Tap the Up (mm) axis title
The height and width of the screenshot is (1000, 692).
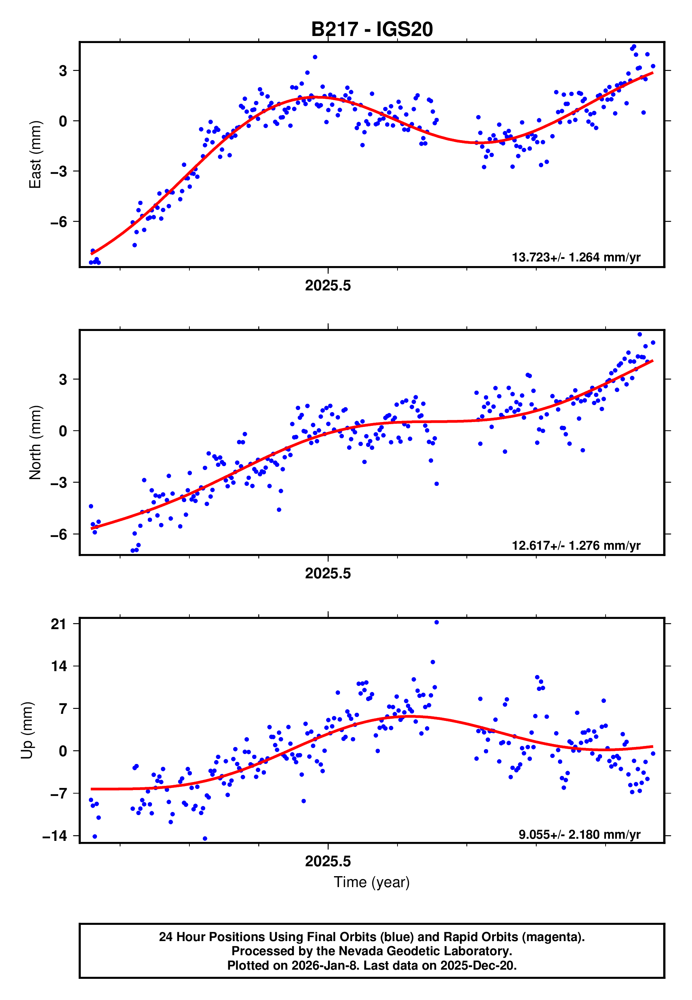(x=27, y=730)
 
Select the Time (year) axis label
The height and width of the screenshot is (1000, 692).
(x=372, y=882)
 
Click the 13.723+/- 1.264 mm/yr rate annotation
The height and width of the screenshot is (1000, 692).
(x=576, y=258)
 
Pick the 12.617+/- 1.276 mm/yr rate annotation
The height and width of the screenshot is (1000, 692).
(x=576, y=546)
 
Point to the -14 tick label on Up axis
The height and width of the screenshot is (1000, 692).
(x=55, y=836)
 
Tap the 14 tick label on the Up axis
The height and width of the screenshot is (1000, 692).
(x=59, y=666)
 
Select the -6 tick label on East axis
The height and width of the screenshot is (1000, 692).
(x=59, y=222)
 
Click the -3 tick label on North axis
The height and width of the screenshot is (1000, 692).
(x=59, y=482)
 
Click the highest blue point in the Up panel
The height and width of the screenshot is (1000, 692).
(x=436, y=622)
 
